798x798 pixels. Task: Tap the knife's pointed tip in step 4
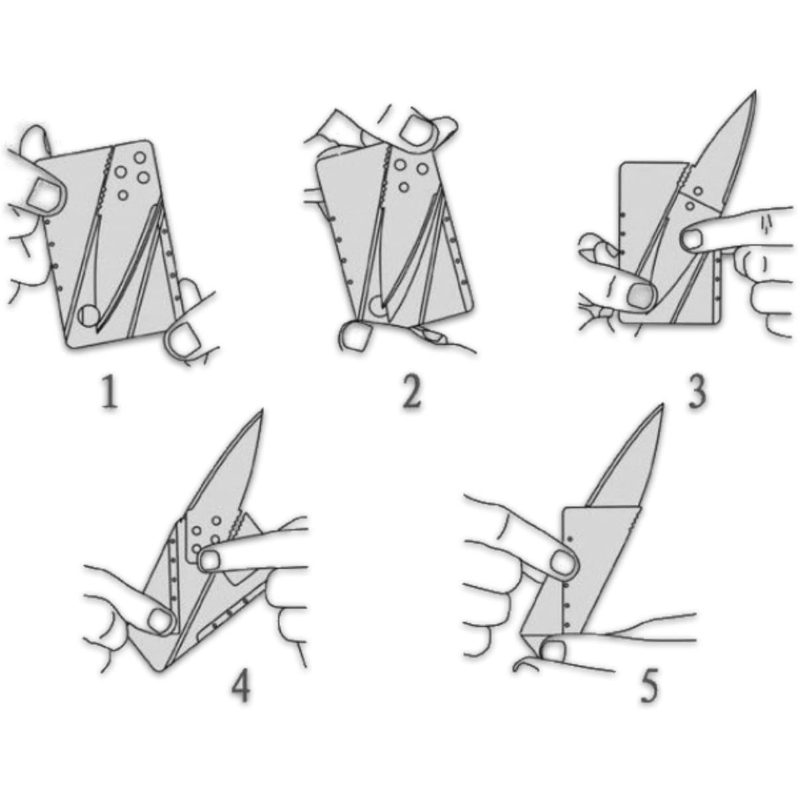point(262,412)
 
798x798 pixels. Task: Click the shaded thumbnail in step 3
point(640,295)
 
